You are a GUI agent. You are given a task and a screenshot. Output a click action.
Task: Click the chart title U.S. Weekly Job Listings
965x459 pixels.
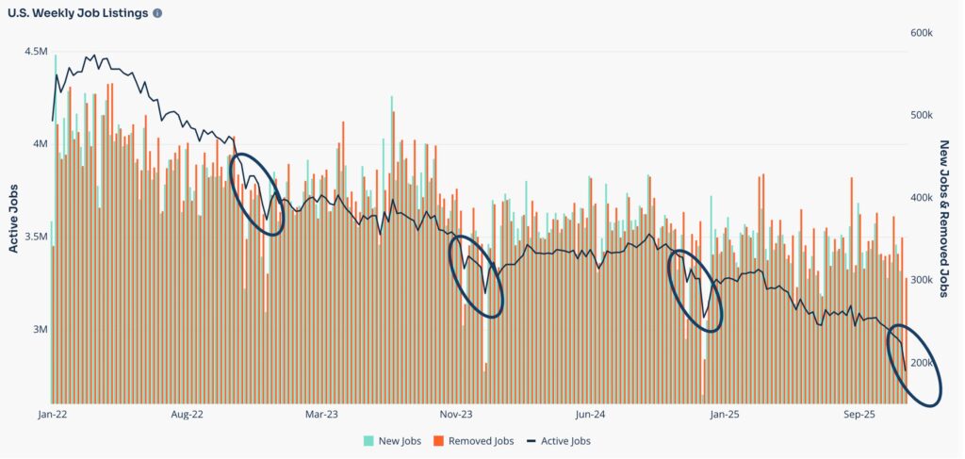click(77, 14)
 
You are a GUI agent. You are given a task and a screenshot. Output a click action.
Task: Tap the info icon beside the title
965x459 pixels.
click(156, 14)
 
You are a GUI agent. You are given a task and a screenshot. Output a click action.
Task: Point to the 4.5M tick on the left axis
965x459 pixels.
click(35, 51)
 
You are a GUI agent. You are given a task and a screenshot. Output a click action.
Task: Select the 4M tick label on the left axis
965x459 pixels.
click(39, 144)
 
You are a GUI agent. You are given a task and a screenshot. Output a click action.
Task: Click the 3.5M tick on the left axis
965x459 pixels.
click(35, 237)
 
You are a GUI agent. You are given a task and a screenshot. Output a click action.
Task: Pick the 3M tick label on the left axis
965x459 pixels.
click(39, 330)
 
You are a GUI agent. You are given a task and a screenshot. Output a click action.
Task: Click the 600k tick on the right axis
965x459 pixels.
click(921, 33)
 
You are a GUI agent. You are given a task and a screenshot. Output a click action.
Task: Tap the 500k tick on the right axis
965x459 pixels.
click(921, 115)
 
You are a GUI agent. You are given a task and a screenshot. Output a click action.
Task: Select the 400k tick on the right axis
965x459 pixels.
click(921, 198)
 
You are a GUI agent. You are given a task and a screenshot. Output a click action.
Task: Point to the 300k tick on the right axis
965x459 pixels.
click(921, 281)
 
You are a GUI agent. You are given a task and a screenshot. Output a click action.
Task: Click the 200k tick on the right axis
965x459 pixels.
click(921, 363)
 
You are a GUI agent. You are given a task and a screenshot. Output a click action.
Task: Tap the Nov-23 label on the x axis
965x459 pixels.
click(455, 414)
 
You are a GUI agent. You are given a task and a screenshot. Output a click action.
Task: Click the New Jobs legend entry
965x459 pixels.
click(392, 440)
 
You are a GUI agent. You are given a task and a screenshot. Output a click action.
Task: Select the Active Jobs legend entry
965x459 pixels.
click(558, 440)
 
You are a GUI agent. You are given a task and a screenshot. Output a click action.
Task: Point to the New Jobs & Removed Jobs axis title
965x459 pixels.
click(946, 219)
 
